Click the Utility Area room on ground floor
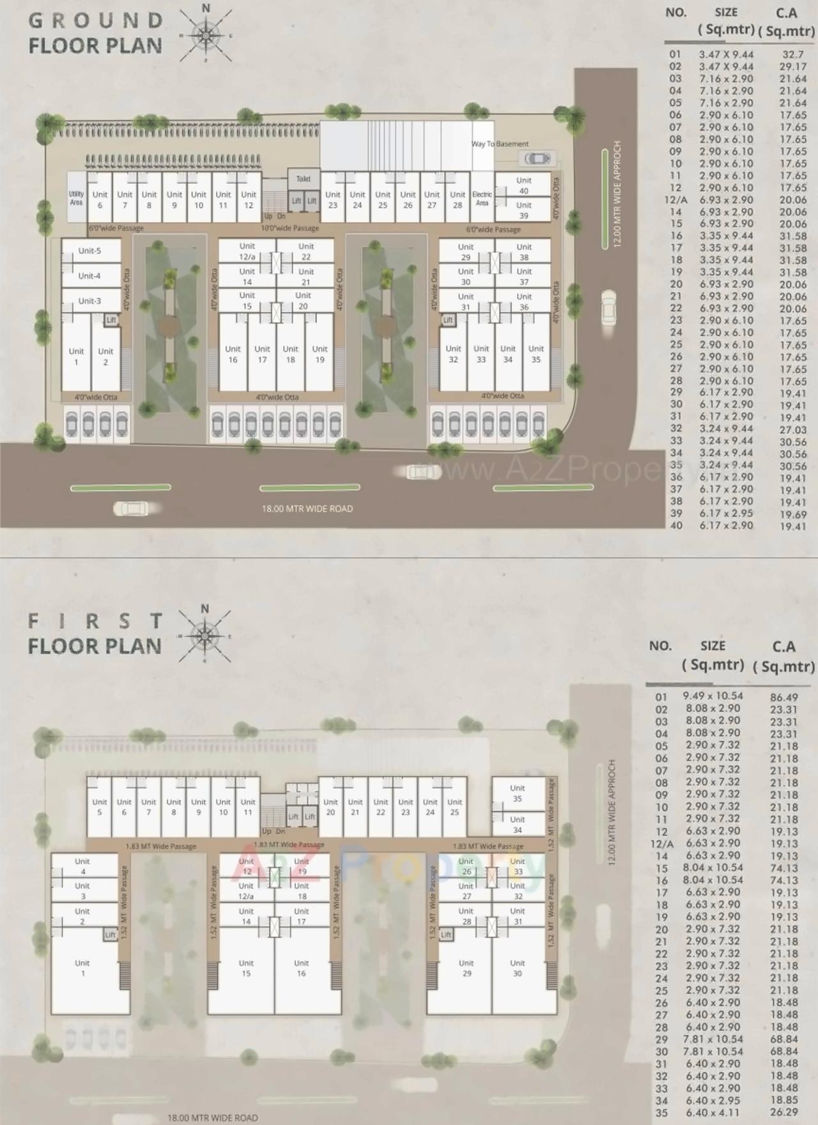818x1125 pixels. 76,198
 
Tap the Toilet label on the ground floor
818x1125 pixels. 304,179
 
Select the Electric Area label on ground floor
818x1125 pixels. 482,198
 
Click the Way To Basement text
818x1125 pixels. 500,144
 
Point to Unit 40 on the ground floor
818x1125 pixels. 524,185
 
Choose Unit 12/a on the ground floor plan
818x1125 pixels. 247,251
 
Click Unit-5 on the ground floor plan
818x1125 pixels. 89,250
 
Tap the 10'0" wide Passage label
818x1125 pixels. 289,228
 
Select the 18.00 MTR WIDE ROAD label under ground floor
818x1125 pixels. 307,509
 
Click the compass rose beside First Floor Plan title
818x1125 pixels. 204,635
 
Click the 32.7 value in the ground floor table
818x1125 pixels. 792,55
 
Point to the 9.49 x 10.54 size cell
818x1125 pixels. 713,696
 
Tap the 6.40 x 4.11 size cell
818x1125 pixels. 713,1112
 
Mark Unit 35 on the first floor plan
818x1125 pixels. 518,793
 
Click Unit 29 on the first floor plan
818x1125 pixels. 467,968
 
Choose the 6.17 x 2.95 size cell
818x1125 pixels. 726,513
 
